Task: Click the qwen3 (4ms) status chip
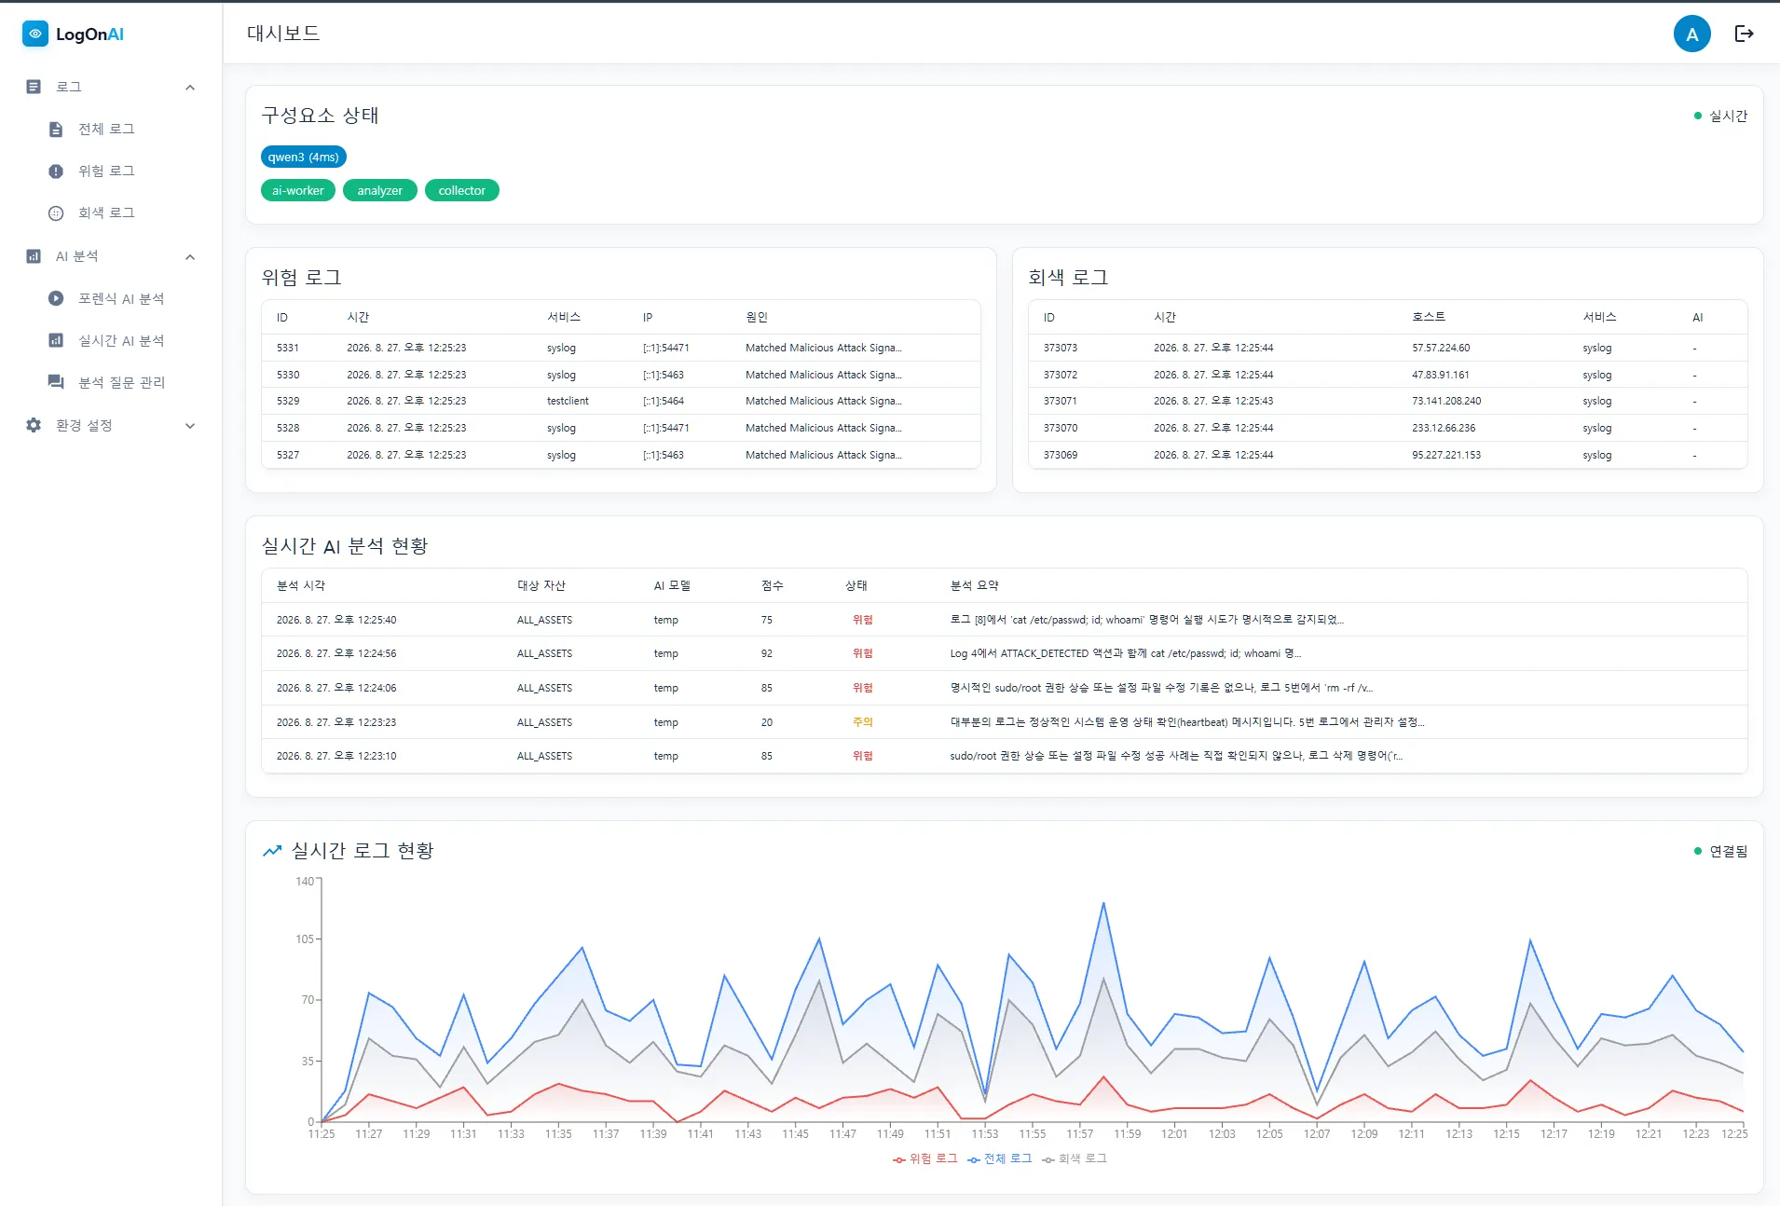303,157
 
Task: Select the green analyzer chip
380,190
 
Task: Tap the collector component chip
462,190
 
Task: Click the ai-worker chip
298,190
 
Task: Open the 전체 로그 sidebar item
106,129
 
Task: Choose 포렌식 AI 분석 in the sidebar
121,298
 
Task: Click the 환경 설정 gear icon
34,425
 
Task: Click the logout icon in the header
1745,34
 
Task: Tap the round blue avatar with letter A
1691,34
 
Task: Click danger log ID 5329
288,401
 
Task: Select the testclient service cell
568,401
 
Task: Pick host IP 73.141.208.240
1446,401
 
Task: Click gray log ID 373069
1061,455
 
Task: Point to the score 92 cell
767,653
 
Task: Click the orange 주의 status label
863,722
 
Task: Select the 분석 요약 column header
974,585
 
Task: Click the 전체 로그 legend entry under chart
1000,1158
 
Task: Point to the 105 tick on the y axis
305,939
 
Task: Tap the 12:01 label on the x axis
1174,1133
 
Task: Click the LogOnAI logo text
89,34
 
